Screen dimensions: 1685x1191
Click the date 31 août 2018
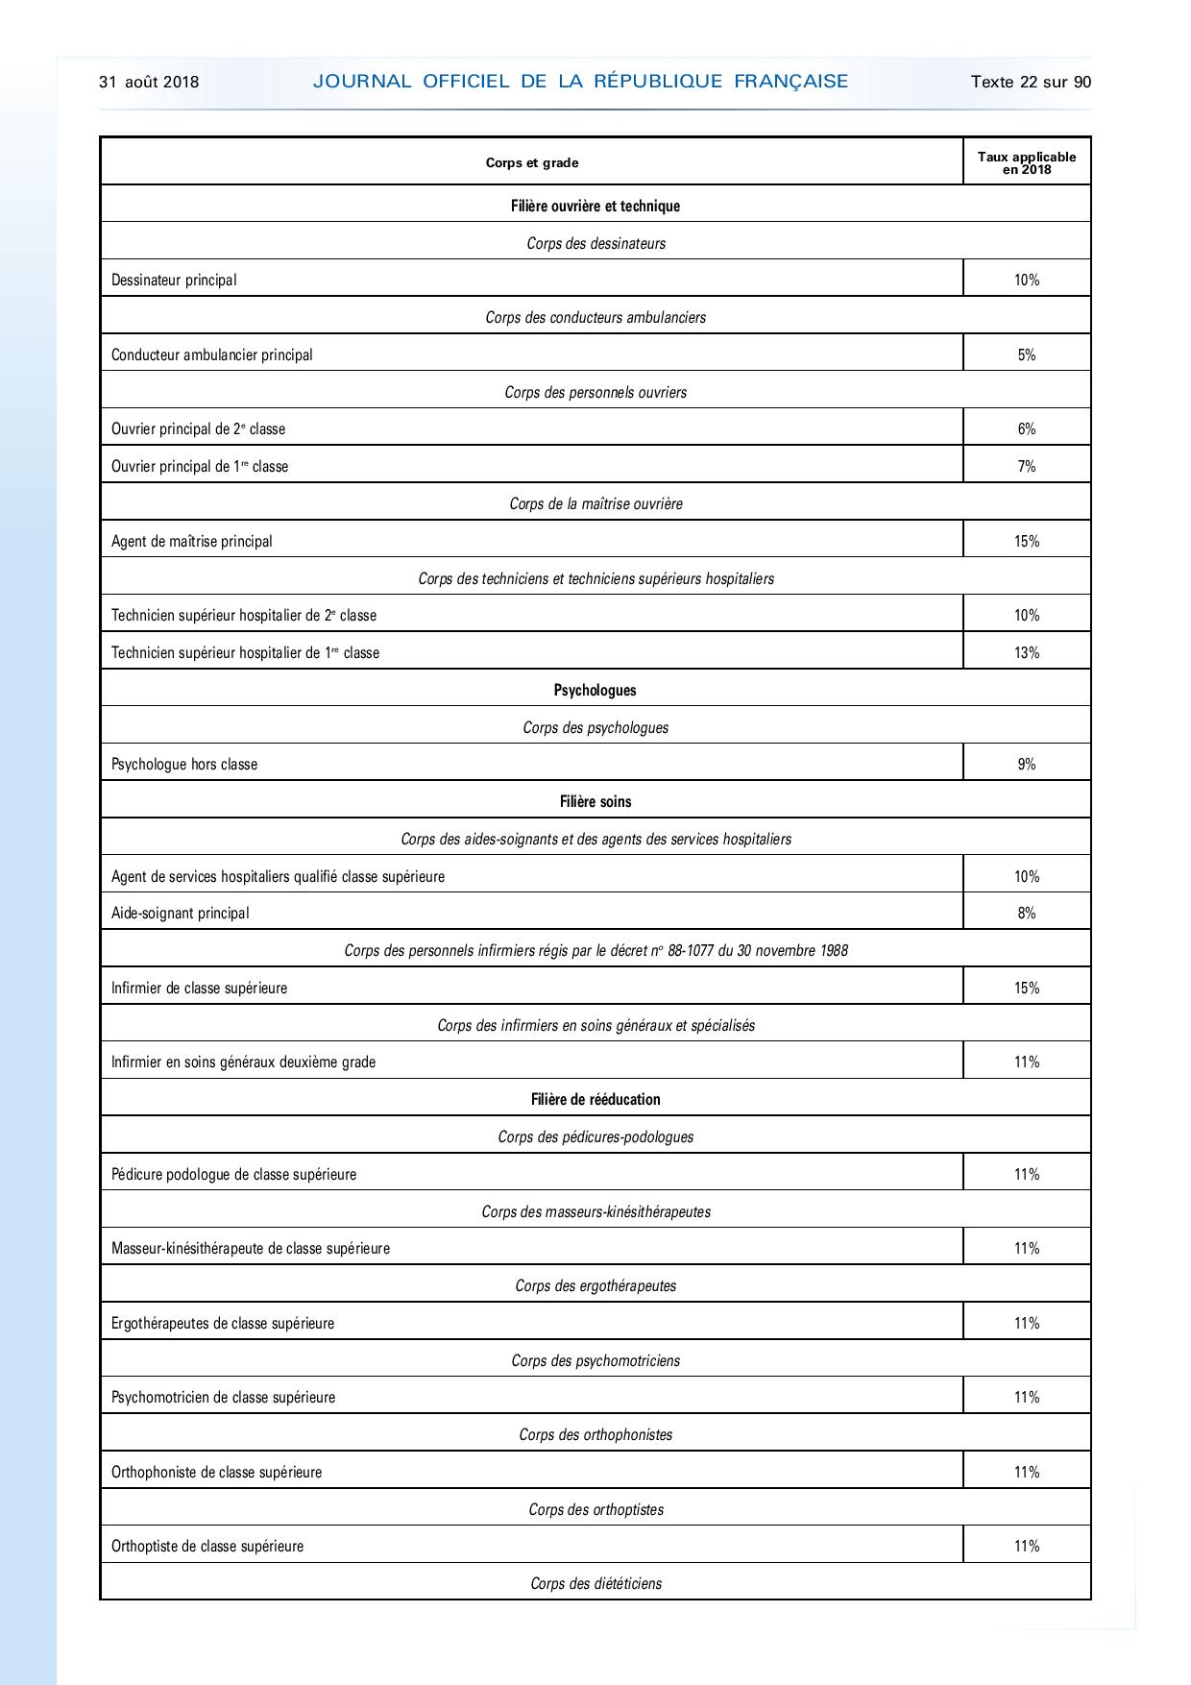pyautogui.click(x=149, y=82)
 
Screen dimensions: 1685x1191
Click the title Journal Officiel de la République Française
pyautogui.click(x=580, y=82)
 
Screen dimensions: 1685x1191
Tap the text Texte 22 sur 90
pyautogui.click(x=1031, y=82)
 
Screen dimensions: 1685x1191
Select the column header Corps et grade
pyautogui.click(x=532, y=162)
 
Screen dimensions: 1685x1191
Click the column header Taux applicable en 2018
pyautogui.click(x=1027, y=162)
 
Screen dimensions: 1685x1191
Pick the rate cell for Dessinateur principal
pyautogui.click(x=1027, y=280)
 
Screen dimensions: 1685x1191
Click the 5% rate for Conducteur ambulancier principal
pyautogui.click(x=1027, y=354)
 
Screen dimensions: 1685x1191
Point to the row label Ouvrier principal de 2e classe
pyautogui.click(x=198, y=428)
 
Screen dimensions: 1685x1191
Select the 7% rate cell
pyautogui.click(x=1027, y=466)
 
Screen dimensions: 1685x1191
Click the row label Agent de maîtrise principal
pyautogui.click(x=192, y=541)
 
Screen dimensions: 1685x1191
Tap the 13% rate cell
pyautogui.click(x=1027, y=652)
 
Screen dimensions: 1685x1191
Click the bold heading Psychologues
pyautogui.click(x=595, y=690)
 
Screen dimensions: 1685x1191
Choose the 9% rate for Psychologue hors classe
pyautogui.click(x=1027, y=764)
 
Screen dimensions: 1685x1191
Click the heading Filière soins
pyautogui.click(x=595, y=801)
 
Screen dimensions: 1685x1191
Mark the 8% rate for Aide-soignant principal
pyautogui.click(x=1027, y=913)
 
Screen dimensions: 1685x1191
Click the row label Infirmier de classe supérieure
pyautogui.click(x=199, y=988)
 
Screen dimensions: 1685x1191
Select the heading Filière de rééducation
pyautogui.click(x=595, y=1099)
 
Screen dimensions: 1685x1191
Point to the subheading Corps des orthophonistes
pyautogui.click(x=595, y=1434)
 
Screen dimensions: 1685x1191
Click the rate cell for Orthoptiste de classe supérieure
pyautogui.click(x=1027, y=1546)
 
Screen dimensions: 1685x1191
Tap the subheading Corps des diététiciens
pyautogui.click(x=595, y=1583)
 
